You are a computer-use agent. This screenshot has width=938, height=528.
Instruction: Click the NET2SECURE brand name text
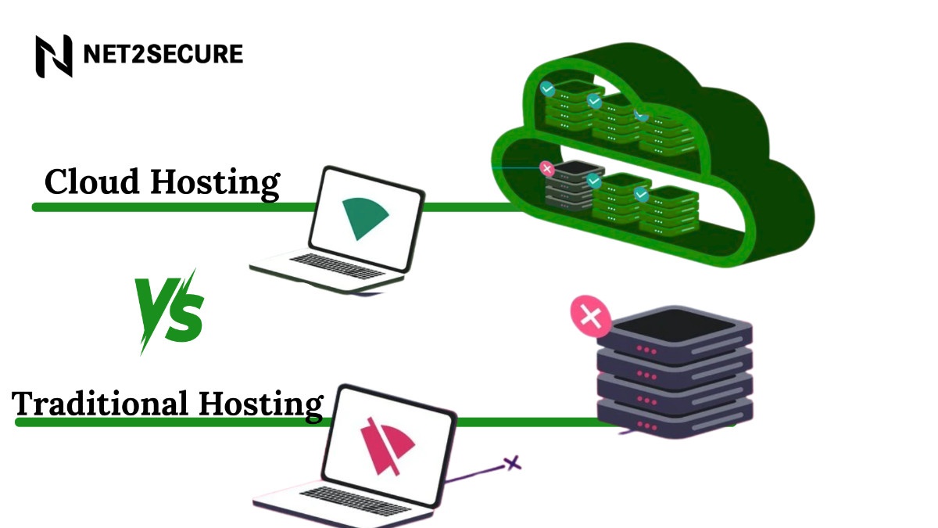click(163, 54)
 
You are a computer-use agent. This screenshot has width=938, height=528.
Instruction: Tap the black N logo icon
click(53, 56)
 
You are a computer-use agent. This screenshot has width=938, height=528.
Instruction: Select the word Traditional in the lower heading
click(100, 404)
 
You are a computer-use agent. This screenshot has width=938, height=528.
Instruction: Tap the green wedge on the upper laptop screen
click(363, 217)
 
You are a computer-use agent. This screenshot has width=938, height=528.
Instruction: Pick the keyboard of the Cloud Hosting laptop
click(328, 264)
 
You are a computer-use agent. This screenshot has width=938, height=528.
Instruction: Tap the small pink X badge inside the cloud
click(546, 168)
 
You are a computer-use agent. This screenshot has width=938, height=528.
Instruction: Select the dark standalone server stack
click(674, 372)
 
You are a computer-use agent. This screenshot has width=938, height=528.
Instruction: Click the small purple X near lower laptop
click(512, 463)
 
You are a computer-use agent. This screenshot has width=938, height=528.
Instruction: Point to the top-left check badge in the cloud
click(548, 90)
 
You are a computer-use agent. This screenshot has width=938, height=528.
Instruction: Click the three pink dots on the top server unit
click(647, 349)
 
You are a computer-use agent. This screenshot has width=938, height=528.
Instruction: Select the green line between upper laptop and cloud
click(469, 207)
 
